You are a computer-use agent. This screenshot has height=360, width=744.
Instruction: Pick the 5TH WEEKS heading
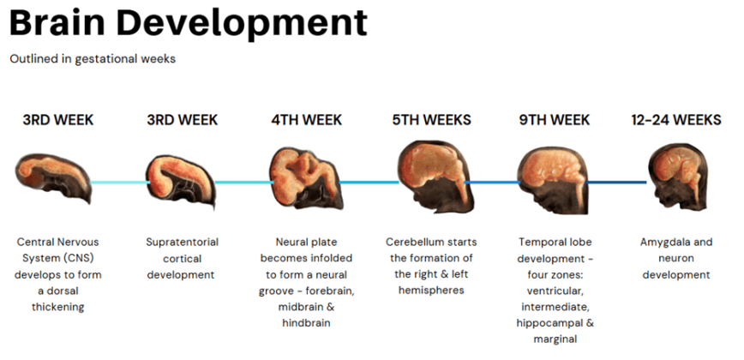point(432,120)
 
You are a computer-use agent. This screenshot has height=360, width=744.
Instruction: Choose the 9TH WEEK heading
point(555,120)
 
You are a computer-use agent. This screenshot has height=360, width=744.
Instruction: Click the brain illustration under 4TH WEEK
point(304,180)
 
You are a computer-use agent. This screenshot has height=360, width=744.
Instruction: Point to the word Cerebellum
point(417,243)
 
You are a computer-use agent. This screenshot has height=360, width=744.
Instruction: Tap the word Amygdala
point(665,243)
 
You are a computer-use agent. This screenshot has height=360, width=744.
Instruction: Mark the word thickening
point(57,307)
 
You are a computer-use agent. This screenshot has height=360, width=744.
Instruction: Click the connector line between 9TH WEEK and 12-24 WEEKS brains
point(616,182)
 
